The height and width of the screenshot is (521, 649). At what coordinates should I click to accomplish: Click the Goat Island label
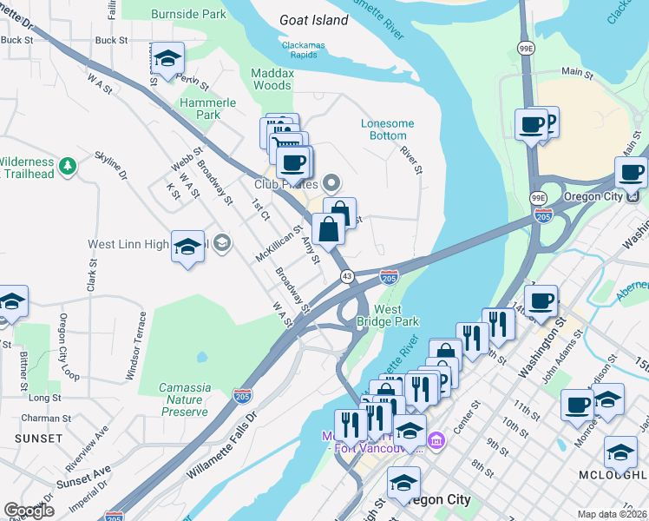click(x=313, y=20)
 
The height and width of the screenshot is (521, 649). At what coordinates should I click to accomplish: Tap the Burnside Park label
click(x=188, y=15)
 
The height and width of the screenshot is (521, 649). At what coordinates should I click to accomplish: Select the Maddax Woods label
click(x=272, y=79)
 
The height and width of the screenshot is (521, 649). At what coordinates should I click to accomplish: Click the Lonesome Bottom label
click(x=387, y=129)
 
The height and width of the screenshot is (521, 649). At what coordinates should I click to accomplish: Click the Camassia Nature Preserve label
click(x=184, y=400)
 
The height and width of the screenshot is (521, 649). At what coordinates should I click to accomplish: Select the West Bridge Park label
click(x=396, y=315)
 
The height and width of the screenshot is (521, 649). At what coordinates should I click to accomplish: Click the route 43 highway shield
click(x=346, y=276)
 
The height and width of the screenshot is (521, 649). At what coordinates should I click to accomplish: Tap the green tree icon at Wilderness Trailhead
click(x=67, y=163)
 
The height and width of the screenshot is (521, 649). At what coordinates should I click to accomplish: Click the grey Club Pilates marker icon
click(x=330, y=183)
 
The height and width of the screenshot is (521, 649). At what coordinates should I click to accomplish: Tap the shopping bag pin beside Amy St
click(x=329, y=230)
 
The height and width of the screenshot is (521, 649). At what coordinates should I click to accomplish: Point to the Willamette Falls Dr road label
click(x=222, y=447)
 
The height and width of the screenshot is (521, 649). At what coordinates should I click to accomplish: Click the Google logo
click(x=29, y=511)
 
